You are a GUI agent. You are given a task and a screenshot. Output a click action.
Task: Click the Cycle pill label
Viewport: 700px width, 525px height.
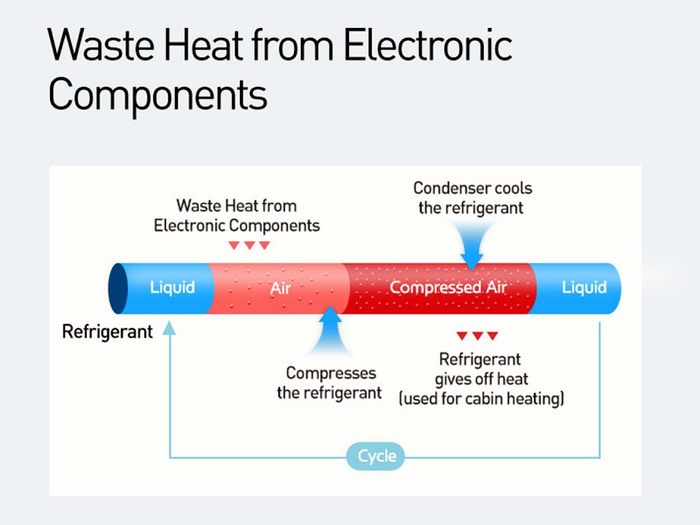[376, 456]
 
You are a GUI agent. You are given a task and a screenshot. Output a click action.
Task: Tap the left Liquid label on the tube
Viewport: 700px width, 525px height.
[172, 287]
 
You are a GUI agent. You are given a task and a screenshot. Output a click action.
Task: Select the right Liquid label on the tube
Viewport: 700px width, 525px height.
[584, 287]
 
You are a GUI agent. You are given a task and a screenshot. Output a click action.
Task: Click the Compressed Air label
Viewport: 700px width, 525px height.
[448, 287]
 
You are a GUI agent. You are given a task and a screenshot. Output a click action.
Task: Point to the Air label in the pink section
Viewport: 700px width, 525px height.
[280, 288]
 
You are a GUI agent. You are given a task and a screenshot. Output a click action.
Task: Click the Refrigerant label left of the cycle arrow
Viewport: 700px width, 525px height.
[107, 332]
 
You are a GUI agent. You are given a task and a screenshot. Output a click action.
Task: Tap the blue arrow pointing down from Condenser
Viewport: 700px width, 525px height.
[472, 245]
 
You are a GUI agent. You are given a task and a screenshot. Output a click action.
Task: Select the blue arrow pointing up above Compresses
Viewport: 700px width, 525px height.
[330, 330]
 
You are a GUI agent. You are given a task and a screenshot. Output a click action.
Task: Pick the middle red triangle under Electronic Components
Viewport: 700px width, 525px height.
[250, 245]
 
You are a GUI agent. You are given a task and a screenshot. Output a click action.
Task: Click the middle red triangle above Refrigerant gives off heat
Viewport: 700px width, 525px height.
[477, 336]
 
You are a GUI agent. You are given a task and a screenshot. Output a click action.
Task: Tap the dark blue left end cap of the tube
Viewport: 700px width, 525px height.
[118, 288]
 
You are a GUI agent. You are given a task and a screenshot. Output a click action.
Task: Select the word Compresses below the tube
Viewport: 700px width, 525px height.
[332, 373]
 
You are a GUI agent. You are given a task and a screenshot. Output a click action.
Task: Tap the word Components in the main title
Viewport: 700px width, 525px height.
[158, 95]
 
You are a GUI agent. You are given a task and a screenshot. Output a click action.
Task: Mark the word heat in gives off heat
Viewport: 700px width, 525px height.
[512, 379]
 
